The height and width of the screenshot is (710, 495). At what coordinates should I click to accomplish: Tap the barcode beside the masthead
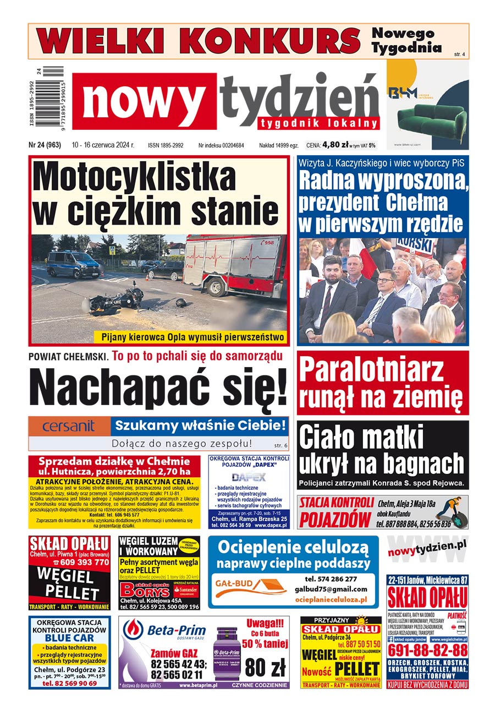(54, 98)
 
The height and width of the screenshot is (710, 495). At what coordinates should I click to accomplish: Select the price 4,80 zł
(335, 145)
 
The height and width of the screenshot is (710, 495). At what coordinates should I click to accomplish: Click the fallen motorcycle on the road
(116, 301)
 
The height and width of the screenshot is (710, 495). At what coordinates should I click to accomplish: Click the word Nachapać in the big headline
(107, 387)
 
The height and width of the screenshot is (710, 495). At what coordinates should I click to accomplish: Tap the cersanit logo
(69, 426)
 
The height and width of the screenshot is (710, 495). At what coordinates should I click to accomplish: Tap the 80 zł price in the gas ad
(266, 668)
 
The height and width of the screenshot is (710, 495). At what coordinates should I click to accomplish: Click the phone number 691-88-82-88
(427, 650)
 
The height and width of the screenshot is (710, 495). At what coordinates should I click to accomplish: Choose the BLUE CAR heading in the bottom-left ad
(69, 638)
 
